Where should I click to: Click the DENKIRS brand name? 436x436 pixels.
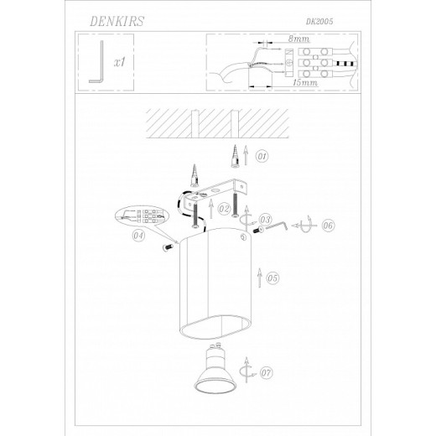coord(117,21)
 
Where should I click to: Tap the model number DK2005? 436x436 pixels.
coord(319,22)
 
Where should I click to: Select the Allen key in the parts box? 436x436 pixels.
coord(96,62)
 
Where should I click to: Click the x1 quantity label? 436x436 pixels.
coord(120,62)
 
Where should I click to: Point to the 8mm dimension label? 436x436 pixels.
coord(298,39)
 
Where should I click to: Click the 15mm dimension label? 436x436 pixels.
coord(305,82)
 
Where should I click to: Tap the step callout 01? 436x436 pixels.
coord(262,156)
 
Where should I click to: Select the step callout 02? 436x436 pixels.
coord(224,209)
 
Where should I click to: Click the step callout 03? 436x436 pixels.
coord(265,219)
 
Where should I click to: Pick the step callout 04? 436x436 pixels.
coord(138,236)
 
